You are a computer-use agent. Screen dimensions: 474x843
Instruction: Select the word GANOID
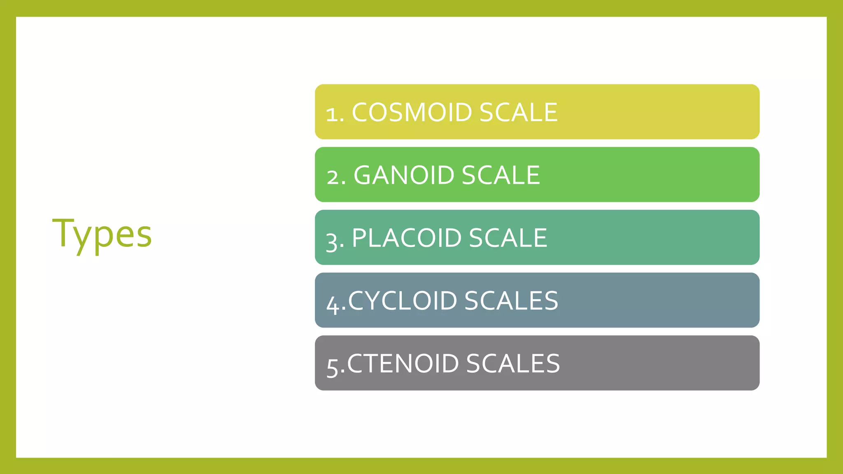(x=403, y=175)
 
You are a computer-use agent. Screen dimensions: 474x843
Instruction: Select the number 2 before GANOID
(x=334, y=177)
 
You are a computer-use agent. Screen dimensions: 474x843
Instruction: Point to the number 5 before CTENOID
(x=332, y=366)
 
